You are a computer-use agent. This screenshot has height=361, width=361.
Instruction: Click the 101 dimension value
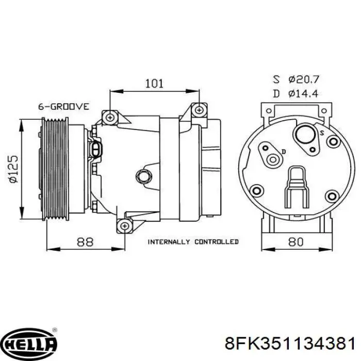(154, 84)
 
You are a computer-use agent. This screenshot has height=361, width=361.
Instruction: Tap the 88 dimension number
(85, 242)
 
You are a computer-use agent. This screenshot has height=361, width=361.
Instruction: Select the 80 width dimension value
(296, 242)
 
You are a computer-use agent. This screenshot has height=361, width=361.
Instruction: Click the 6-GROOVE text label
(63, 107)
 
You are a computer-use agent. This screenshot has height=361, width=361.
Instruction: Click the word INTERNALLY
(169, 242)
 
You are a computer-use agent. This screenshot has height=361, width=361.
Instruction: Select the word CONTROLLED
(217, 242)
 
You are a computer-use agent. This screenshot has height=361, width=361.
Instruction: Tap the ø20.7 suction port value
(303, 79)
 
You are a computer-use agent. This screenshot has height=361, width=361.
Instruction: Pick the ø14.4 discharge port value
(303, 93)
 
